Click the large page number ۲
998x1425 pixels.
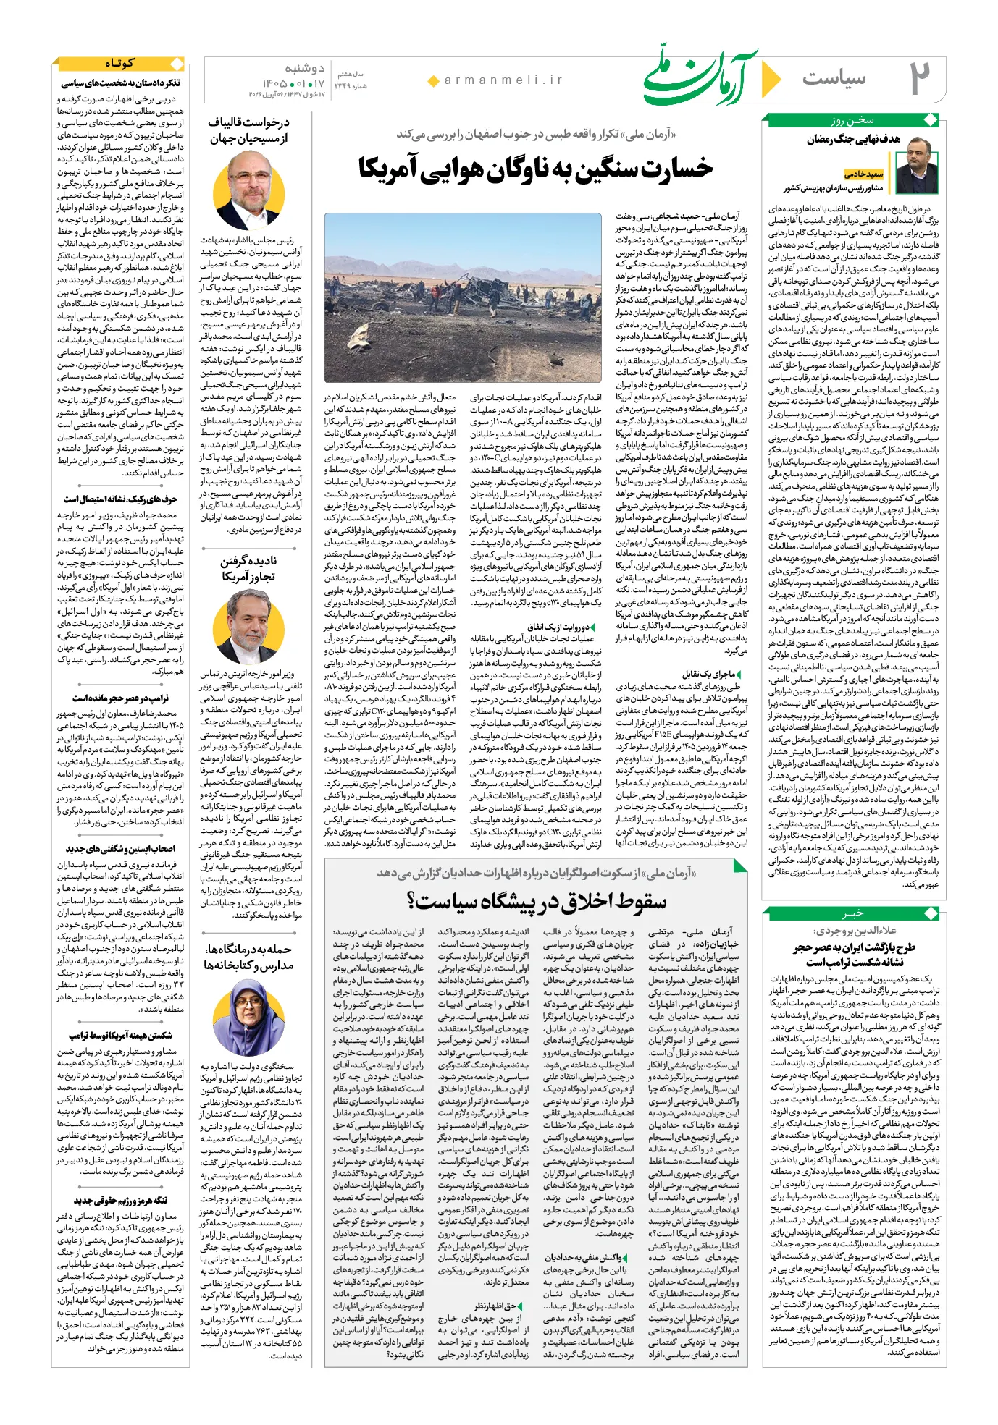point(919,78)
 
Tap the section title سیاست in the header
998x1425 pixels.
point(834,77)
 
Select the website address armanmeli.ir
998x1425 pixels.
point(503,80)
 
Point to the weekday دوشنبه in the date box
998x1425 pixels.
point(305,69)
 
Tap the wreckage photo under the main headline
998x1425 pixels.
point(463,297)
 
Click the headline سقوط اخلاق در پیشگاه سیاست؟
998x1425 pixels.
point(536,902)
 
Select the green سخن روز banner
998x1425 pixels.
point(852,120)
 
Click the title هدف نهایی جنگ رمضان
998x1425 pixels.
point(853,139)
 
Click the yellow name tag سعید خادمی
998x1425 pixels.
point(864,174)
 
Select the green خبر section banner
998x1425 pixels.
point(852,913)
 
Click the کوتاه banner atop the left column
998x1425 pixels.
point(119,64)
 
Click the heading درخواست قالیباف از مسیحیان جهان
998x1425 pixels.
point(248,130)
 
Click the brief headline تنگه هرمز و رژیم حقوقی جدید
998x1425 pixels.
point(120,1200)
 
